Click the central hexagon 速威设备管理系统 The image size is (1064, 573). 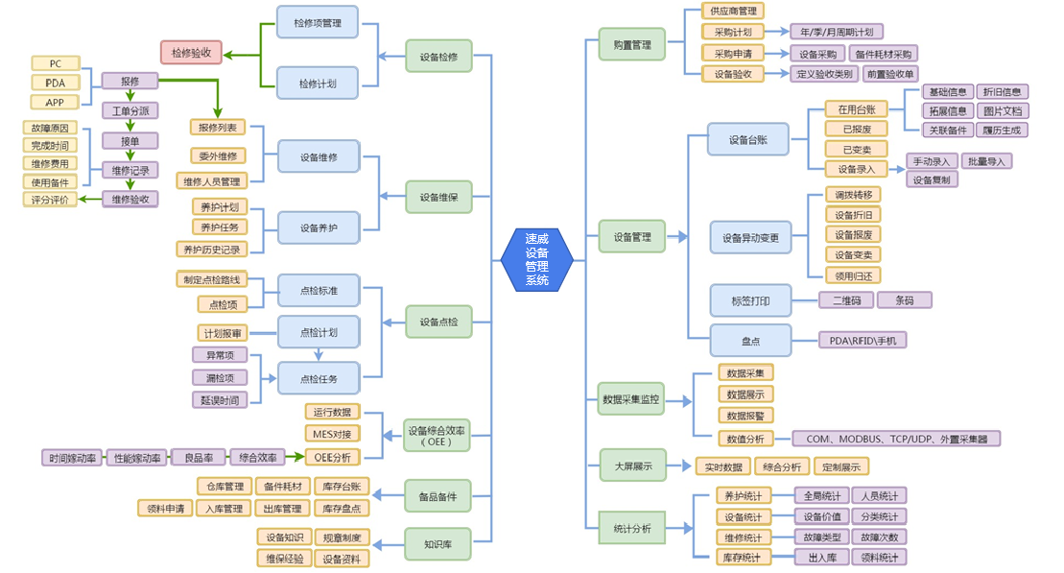click(536, 259)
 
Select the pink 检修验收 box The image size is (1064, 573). click(191, 52)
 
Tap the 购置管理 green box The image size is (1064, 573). click(631, 44)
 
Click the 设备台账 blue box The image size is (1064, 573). click(749, 140)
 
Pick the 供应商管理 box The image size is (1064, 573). click(732, 11)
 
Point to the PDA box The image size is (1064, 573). click(55, 83)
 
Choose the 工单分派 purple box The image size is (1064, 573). click(130, 110)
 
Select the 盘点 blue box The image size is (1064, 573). click(750, 340)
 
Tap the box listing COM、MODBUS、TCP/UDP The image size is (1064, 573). click(896, 439)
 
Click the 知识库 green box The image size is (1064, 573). click(438, 544)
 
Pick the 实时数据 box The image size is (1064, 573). click(721, 466)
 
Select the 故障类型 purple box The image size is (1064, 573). click(820, 537)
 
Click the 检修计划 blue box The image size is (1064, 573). click(318, 82)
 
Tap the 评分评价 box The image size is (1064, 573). click(49, 200)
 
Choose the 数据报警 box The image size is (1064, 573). click(745, 416)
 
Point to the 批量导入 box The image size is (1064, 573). click(986, 161)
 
